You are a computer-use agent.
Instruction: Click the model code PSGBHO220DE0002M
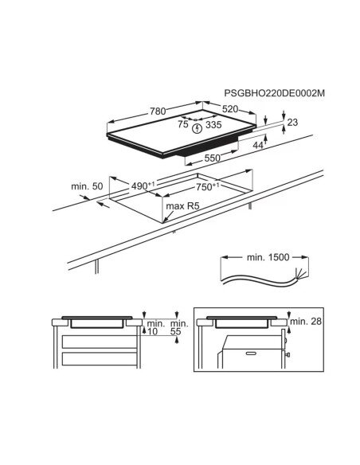274,93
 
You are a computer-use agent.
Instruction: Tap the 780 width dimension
158,111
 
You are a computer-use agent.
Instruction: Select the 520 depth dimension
230,109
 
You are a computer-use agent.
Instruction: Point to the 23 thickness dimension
292,122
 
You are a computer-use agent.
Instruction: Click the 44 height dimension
258,145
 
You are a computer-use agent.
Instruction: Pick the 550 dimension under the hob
213,158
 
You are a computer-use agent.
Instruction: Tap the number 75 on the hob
183,124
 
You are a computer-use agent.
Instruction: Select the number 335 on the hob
213,125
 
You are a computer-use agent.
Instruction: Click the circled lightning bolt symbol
197,128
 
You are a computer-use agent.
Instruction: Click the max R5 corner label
182,205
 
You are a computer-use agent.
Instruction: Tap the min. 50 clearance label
87,186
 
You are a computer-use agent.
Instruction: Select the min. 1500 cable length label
268,257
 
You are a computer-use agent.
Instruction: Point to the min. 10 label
155,327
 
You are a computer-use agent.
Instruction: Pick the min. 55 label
179,327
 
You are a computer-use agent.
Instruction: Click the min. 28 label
306,321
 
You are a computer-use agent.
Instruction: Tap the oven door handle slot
251,354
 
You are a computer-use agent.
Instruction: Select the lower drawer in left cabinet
100,358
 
